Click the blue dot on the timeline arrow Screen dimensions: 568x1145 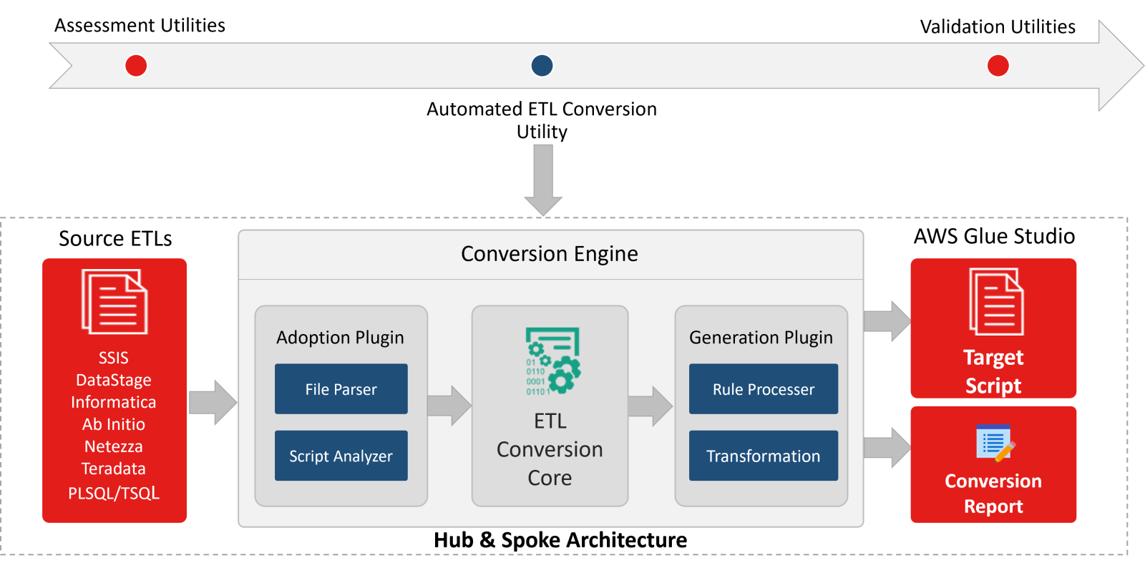[x=542, y=66]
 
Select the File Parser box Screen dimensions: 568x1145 [x=341, y=389]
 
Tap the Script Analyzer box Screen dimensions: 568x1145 [x=341, y=456]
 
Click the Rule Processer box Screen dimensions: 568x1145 [x=763, y=389]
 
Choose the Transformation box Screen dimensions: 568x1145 [x=763, y=456]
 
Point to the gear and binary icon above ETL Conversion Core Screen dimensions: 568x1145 [x=552, y=361]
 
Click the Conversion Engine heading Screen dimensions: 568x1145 [x=549, y=254]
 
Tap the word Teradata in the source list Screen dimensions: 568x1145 [x=113, y=469]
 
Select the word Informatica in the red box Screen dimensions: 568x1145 [x=113, y=402]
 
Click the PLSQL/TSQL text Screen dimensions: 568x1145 [x=113, y=493]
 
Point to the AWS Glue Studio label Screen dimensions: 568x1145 [x=994, y=236]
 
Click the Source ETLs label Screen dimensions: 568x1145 [x=115, y=238]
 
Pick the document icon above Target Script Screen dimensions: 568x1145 [x=996, y=301]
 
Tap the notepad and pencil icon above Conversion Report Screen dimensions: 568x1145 [x=995, y=443]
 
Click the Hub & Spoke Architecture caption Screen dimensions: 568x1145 [x=560, y=540]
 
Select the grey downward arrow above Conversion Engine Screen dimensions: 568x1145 [x=543, y=179]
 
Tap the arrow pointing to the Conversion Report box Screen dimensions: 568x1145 [x=887, y=448]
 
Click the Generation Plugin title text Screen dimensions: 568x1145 [x=761, y=337]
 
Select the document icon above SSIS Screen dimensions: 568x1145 [x=114, y=301]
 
